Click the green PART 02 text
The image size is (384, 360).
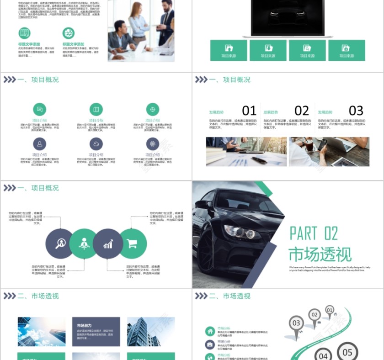(314, 233)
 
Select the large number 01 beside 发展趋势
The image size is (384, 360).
(249, 111)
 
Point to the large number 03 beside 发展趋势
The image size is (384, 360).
(356, 111)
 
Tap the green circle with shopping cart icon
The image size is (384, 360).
(133, 244)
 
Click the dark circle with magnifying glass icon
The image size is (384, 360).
(60, 244)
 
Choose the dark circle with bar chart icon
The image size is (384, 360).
(108, 244)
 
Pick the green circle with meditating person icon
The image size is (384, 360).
(84, 244)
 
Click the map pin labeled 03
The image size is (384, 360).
(296, 323)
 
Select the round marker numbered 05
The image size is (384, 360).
(347, 352)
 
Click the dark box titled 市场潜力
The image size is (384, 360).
(96, 332)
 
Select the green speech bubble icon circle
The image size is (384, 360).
(40, 109)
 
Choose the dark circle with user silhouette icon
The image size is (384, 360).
(40, 144)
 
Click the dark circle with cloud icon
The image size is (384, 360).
(96, 144)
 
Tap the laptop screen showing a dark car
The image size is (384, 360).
(288, 16)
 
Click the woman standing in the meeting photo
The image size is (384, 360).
(138, 23)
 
